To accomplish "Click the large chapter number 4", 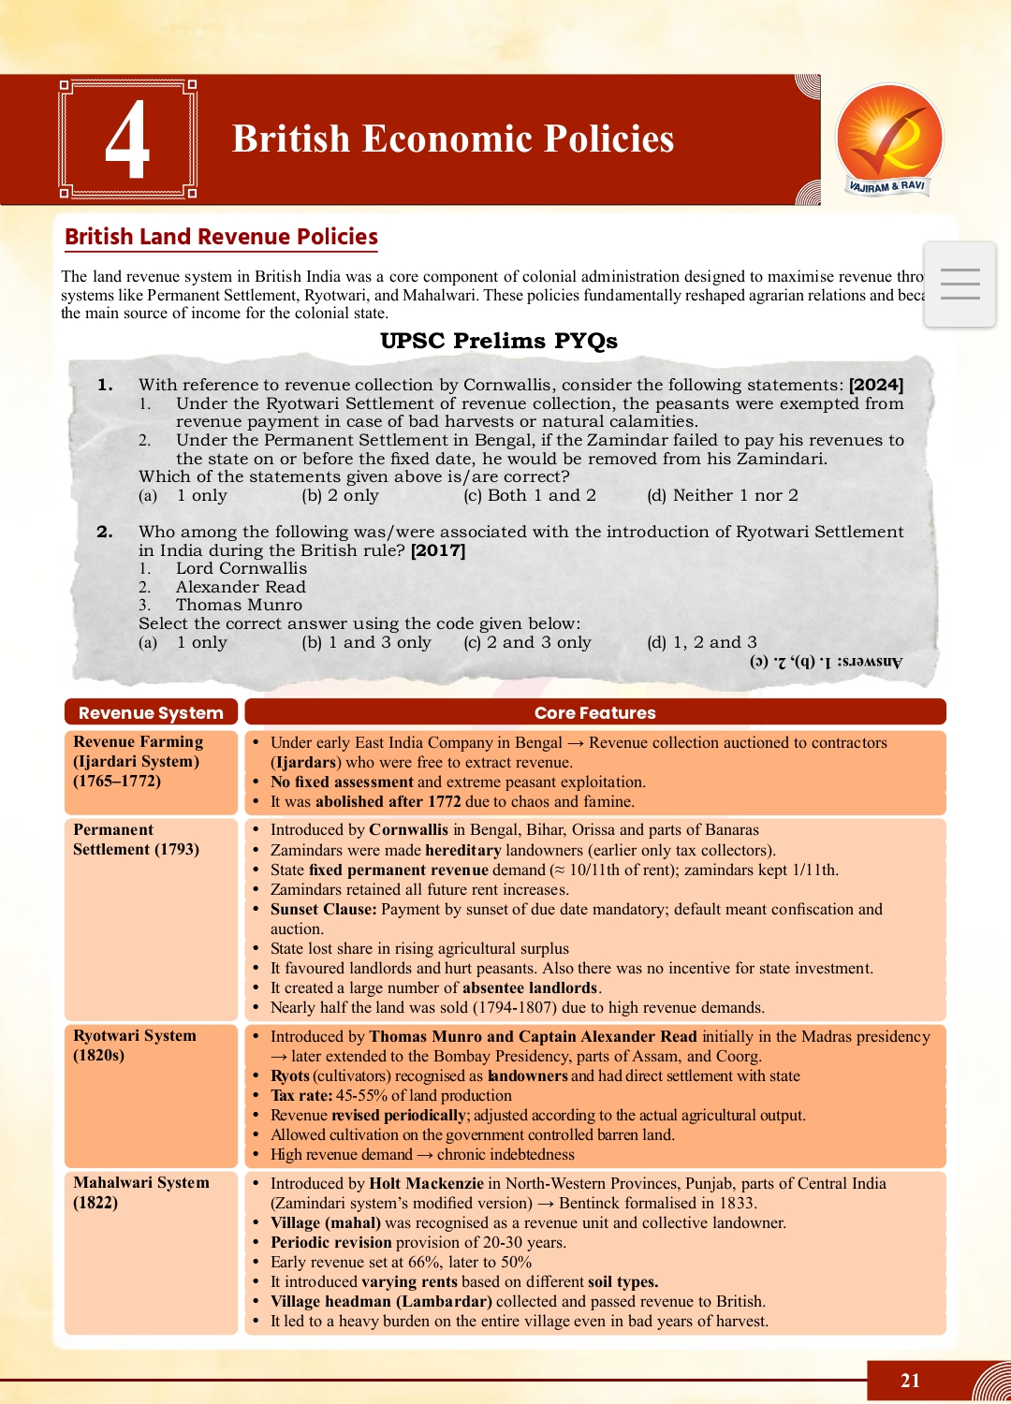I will pyautogui.click(x=127, y=139).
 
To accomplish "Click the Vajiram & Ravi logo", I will pyautogui.click(x=888, y=139).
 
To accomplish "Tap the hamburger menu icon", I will pyautogui.click(x=960, y=284).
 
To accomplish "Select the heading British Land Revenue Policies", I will pyautogui.click(x=221, y=237).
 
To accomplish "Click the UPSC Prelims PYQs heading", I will pyautogui.click(x=498, y=341).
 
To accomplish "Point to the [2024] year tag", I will pyautogui.click(x=875, y=385).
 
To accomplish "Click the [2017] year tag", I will pyautogui.click(x=437, y=550).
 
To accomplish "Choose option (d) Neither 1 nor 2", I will pyautogui.click(x=722, y=495).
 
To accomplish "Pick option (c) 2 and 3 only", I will pyautogui.click(x=527, y=642).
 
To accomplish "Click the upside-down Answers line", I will pyautogui.click(x=826, y=662).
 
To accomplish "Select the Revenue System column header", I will pyautogui.click(x=151, y=712).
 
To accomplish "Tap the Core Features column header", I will pyautogui.click(x=594, y=712).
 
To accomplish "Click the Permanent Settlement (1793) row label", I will pyautogui.click(x=136, y=840).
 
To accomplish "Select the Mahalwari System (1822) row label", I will pyautogui.click(x=140, y=1192).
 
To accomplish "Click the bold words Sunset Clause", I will pyautogui.click(x=323, y=909).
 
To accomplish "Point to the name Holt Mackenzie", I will pyautogui.click(x=426, y=1183).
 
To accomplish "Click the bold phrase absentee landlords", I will pyautogui.click(x=530, y=987).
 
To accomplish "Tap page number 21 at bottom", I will pyautogui.click(x=910, y=1381).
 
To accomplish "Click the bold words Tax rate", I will pyautogui.click(x=300, y=1095).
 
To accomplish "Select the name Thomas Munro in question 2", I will pyautogui.click(x=239, y=605).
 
